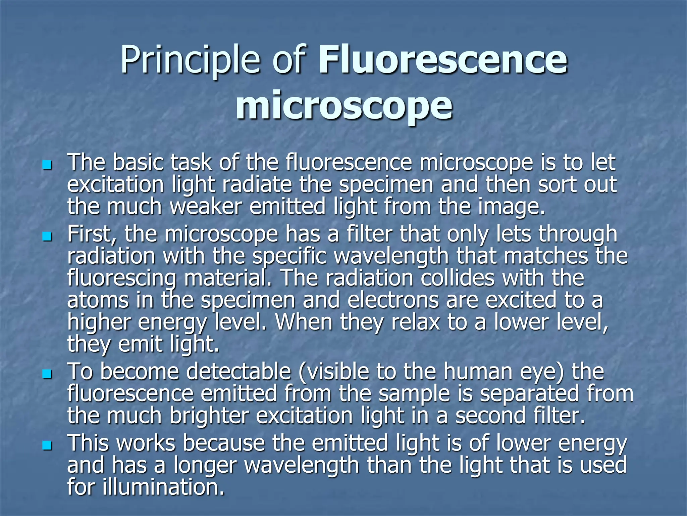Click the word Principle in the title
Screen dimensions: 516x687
point(190,60)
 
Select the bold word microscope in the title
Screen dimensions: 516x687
point(344,105)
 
